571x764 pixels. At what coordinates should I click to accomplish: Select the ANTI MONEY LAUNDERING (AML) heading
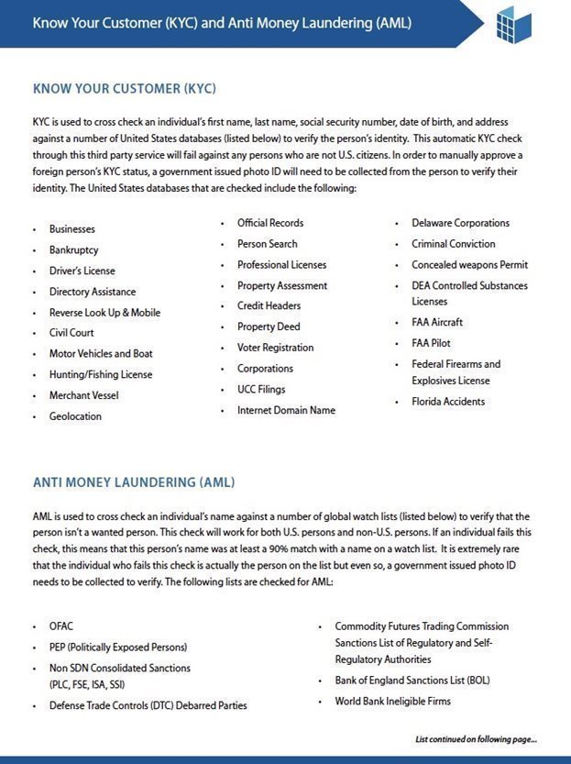tap(134, 482)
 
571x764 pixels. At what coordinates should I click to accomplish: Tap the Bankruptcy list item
tap(74, 249)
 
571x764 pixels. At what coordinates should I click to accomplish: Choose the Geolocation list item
tap(75, 416)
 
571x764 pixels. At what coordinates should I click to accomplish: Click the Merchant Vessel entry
tap(83, 395)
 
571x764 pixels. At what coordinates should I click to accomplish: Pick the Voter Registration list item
tap(275, 348)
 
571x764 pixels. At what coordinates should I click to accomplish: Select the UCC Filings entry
tap(260, 390)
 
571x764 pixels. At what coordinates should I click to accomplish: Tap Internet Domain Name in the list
tap(286, 410)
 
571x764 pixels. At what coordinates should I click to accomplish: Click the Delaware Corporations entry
tap(460, 223)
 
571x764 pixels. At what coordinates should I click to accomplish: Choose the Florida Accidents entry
tap(448, 402)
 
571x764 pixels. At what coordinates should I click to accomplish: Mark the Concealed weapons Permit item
tap(469, 265)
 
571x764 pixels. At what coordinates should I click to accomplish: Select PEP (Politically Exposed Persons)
tap(118, 648)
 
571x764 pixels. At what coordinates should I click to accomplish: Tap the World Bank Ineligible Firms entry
tap(392, 702)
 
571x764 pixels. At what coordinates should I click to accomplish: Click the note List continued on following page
tap(476, 739)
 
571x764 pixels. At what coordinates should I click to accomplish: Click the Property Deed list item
tap(269, 327)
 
